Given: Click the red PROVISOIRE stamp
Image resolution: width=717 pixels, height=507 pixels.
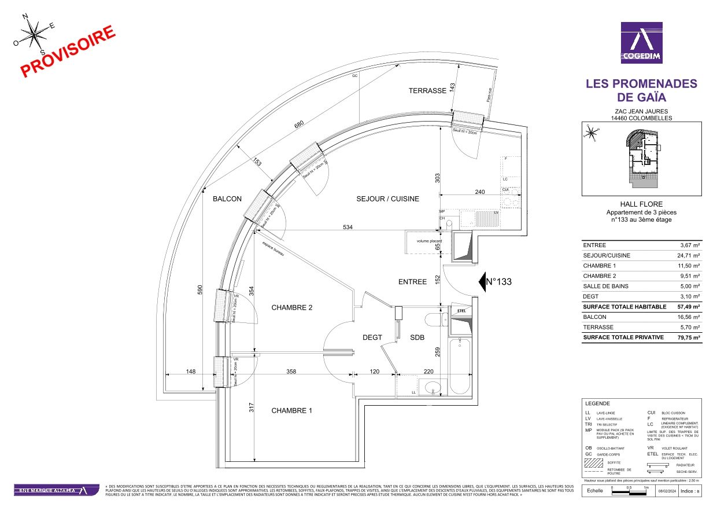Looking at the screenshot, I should (69, 52).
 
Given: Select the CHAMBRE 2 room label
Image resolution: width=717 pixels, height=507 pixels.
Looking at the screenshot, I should (291, 308).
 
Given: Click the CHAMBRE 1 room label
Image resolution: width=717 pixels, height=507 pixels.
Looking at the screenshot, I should (291, 411).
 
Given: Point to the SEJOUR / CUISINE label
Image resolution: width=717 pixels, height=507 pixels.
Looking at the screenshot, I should (387, 199).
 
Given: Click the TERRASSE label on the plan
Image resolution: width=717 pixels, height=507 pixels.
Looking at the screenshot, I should (427, 91).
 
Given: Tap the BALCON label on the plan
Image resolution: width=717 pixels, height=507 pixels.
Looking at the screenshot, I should (227, 199).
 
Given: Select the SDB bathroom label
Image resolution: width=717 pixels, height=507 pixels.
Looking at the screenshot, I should (418, 337).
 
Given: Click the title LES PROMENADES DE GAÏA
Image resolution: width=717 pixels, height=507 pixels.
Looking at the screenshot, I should (641, 90).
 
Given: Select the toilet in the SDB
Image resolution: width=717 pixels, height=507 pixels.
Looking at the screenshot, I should (433, 320).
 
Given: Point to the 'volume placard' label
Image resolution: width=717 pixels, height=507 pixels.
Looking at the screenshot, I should (425, 241).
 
